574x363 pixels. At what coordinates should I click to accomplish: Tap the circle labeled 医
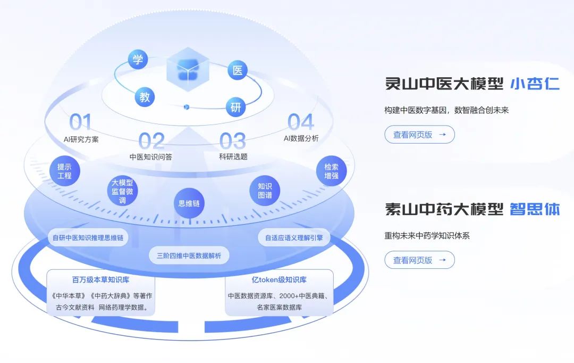237,70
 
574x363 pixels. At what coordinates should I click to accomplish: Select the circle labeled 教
145,97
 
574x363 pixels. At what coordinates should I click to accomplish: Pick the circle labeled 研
235,108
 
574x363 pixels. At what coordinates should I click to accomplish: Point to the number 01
80,123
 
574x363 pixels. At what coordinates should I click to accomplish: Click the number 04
301,123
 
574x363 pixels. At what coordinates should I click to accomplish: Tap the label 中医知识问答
151,157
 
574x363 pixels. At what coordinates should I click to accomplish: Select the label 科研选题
233,157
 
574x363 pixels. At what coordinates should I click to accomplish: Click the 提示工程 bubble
64,170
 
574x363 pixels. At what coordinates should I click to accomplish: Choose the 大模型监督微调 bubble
123,191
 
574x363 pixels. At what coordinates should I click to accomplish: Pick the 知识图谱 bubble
265,191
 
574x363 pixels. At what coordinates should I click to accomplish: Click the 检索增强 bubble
331,170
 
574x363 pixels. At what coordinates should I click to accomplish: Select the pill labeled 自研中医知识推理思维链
88,238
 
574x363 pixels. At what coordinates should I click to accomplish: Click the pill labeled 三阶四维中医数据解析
189,255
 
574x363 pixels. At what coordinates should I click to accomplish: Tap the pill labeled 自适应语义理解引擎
294,238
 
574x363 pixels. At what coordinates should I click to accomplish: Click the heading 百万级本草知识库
100,280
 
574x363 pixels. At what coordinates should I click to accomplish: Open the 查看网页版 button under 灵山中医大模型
419,135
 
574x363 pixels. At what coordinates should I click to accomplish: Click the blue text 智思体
535,209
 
